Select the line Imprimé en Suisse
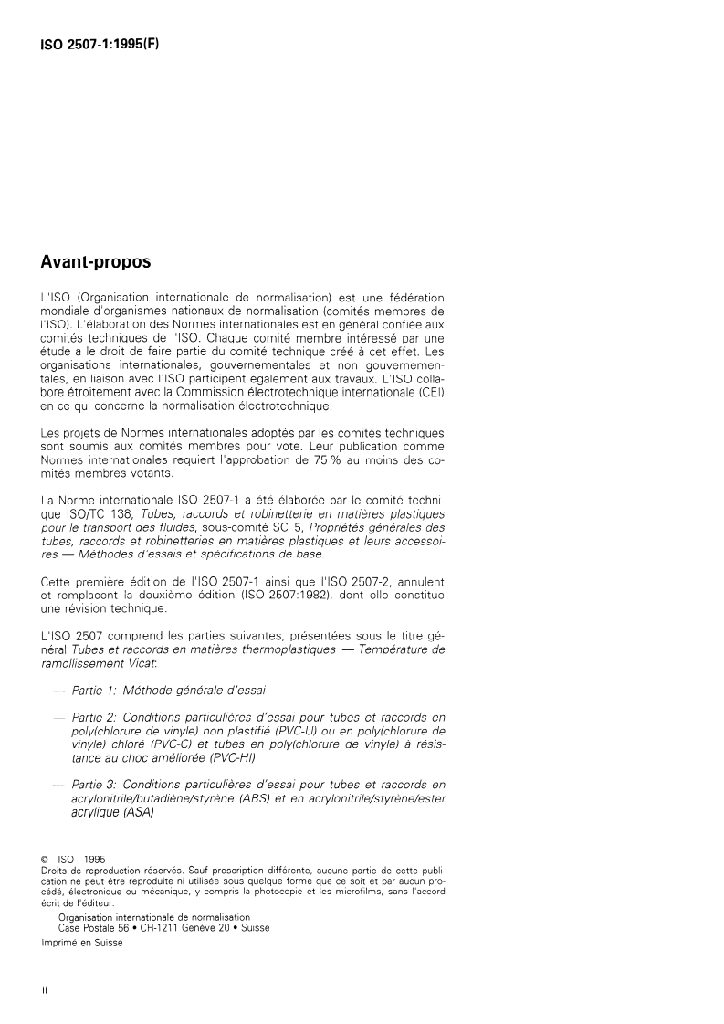tap(81, 945)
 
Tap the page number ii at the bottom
tap(44, 989)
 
